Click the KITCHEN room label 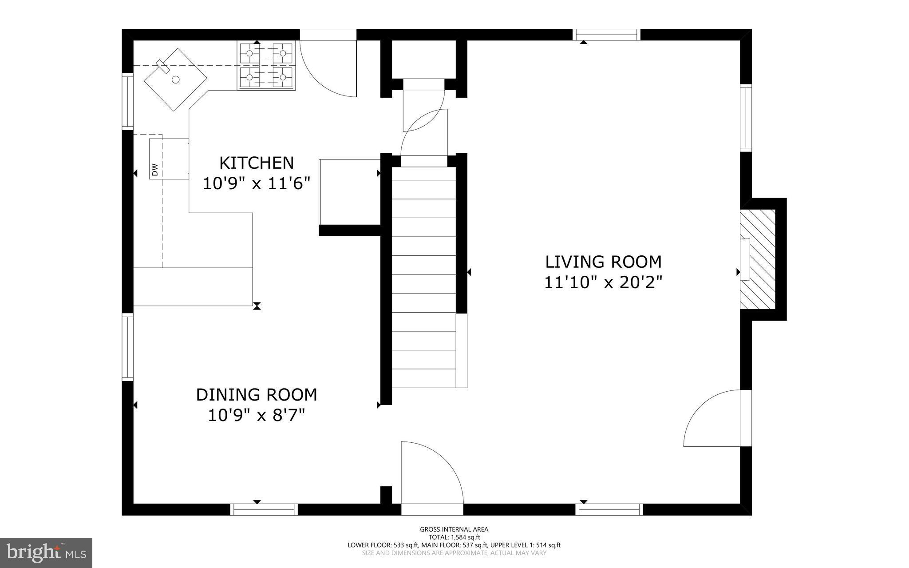(x=257, y=163)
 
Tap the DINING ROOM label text (x=257, y=395)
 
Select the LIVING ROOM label (x=603, y=262)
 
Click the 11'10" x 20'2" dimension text (x=603, y=282)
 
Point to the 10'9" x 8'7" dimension (x=257, y=416)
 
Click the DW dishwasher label (x=155, y=170)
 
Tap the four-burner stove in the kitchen (x=266, y=66)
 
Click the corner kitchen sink (x=175, y=79)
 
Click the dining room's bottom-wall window (x=265, y=509)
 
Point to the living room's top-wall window (x=606, y=34)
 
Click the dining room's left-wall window (x=128, y=347)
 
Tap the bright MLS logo (x=46, y=553)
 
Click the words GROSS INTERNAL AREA (x=454, y=529)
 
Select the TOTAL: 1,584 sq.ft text (x=454, y=537)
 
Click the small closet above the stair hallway (x=424, y=60)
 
